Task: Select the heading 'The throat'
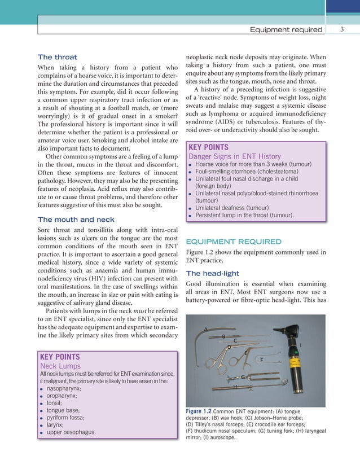[x=57, y=57]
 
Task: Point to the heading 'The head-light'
[x=213, y=273]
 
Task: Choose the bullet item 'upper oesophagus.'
[x=71, y=432]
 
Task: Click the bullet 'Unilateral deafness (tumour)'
[x=238, y=208]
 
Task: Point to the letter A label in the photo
[x=206, y=329]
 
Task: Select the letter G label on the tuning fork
[x=242, y=376]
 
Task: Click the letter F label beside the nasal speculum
[x=261, y=360]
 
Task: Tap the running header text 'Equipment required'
[x=286, y=29]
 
